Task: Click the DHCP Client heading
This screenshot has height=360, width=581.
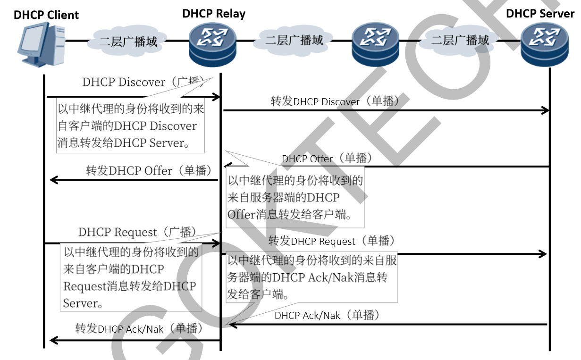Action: click(x=46, y=15)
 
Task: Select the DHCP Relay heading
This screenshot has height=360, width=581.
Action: click(x=214, y=14)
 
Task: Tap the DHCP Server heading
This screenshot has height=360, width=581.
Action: click(x=540, y=13)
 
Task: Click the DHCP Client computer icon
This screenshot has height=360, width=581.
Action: click(x=42, y=45)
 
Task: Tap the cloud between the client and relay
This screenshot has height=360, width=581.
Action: click(x=128, y=42)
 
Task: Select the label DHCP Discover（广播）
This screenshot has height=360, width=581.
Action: click(x=143, y=82)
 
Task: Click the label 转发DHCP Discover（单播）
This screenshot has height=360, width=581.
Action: click(x=337, y=101)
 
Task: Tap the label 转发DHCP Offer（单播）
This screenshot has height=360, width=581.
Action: click(x=149, y=170)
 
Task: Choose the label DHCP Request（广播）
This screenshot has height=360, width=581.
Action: click(x=137, y=232)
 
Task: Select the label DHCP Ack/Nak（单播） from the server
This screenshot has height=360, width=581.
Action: click(x=327, y=315)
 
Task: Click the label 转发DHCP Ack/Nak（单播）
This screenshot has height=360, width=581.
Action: click(x=139, y=329)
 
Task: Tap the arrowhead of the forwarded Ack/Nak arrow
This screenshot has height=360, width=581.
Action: click(x=53, y=340)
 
